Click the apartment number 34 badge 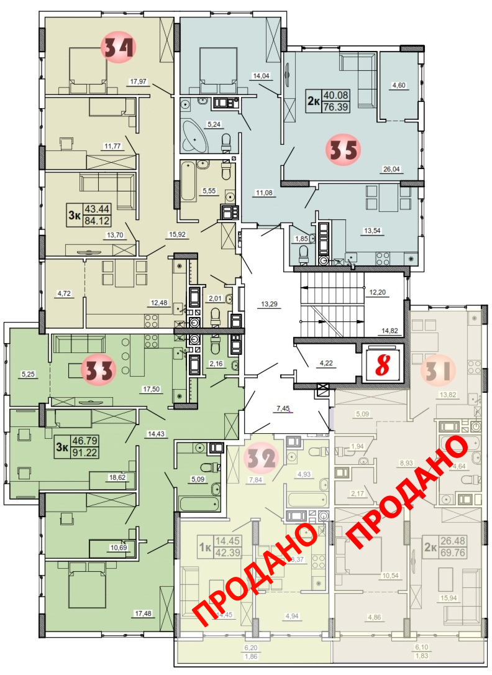(117, 47)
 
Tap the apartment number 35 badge (342, 150)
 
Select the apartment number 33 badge (99, 370)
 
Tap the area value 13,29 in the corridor (268, 304)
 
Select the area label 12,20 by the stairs (376, 292)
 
